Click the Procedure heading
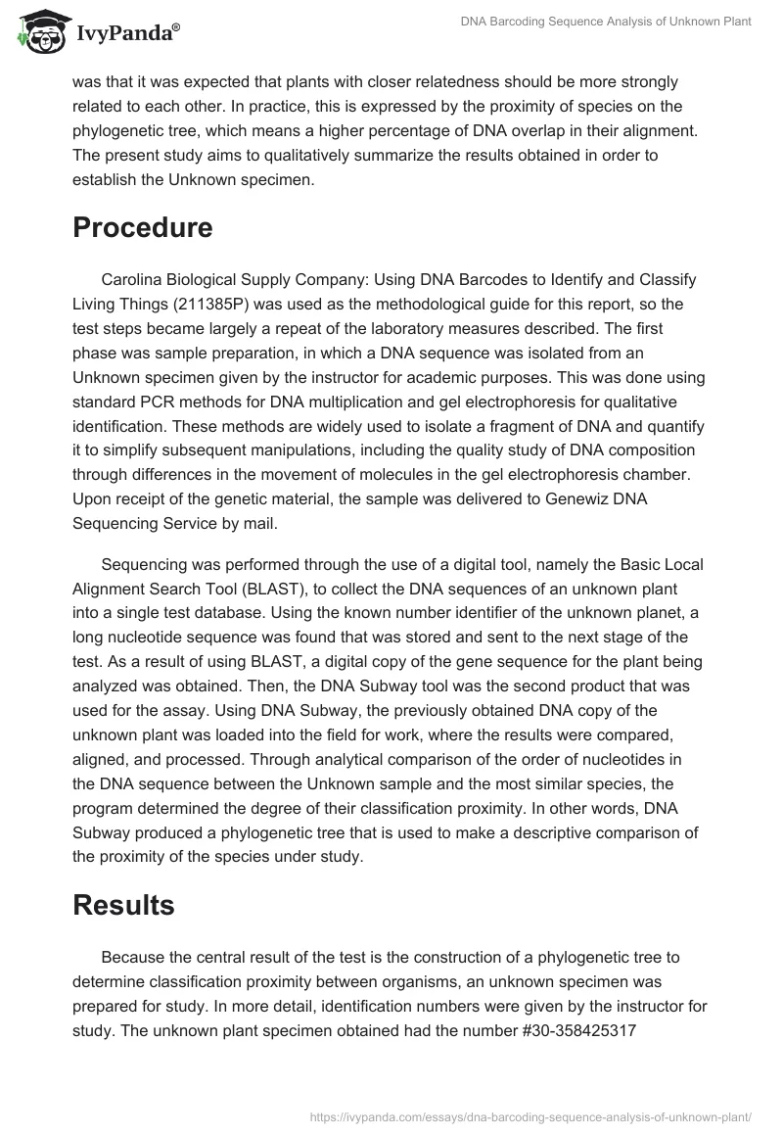[143, 227]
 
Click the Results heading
[123, 905]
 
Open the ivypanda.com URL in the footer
[529, 1115]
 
